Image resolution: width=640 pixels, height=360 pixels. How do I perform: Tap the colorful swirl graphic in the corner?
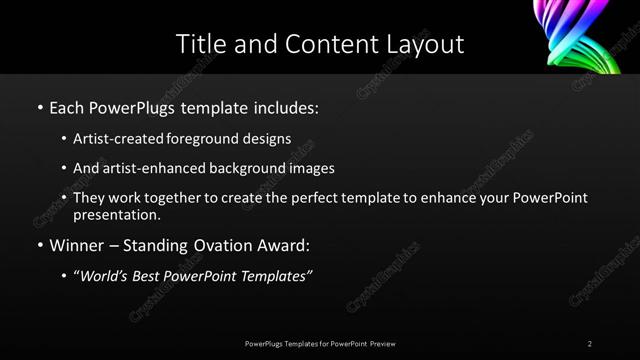point(597,35)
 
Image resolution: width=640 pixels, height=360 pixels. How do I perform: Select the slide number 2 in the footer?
point(590,344)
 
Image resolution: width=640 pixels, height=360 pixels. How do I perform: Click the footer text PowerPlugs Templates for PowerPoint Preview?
point(320,344)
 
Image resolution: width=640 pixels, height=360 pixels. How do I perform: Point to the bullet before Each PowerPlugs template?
point(39,106)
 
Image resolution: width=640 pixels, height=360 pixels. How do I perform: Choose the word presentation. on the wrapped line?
point(117,214)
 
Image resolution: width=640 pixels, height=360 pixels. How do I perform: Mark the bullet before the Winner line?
point(39,245)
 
